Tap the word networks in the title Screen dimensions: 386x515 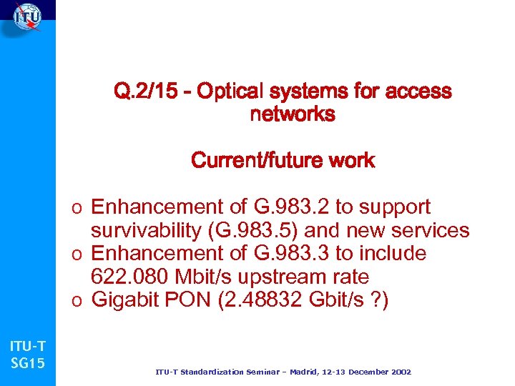coord(293,114)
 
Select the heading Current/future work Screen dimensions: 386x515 coord(283,160)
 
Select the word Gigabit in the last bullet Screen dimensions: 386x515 coord(127,300)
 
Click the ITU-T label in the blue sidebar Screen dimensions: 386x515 coord(27,347)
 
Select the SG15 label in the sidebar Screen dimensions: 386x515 coord(27,363)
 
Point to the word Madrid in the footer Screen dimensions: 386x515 coord(306,372)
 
